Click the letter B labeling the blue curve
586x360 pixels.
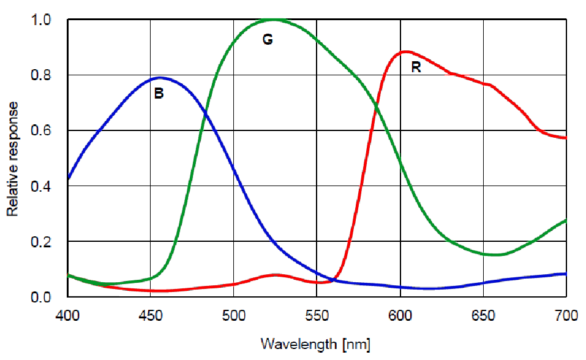[x=159, y=94]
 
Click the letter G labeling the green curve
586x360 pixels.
[x=267, y=40]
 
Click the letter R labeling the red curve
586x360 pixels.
[x=416, y=67]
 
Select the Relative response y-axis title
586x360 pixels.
[x=13, y=159]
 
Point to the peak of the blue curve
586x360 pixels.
[x=160, y=78]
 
